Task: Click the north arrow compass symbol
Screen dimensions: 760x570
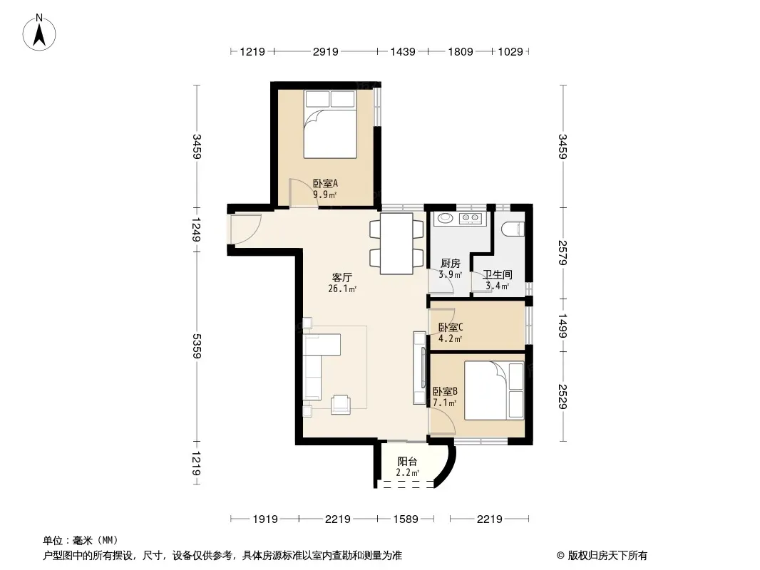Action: click(x=39, y=33)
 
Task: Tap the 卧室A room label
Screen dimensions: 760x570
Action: click(x=325, y=184)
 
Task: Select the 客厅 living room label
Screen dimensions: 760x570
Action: click(x=342, y=277)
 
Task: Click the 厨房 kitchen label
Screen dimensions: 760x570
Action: click(x=451, y=264)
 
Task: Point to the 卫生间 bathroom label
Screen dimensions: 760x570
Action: click(x=498, y=274)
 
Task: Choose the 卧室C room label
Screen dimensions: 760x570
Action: click(x=451, y=327)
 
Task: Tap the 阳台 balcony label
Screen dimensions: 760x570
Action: click(x=407, y=462)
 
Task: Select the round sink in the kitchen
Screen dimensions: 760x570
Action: click(x=445, y=219)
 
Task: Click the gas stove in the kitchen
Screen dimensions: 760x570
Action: click(x=470, y=219)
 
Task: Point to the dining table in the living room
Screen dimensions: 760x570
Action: click(x=396, y=244)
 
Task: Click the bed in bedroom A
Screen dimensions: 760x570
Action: click(x=330, y=124)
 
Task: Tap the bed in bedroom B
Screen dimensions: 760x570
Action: click(x=494, y=390)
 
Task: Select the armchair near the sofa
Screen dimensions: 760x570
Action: click(x=341, y=405)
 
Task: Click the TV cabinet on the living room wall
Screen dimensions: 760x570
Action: click(x=419, y=368)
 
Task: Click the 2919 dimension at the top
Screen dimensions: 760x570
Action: click(x=325, y=51)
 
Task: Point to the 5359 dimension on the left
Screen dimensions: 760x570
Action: click(x=196, y=346)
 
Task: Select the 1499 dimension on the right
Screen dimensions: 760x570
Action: click(x=563, y=326)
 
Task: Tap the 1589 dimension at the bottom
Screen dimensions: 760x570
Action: click(x=406, y=519)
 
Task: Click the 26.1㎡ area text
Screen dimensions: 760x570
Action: click(x=342, y=289)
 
